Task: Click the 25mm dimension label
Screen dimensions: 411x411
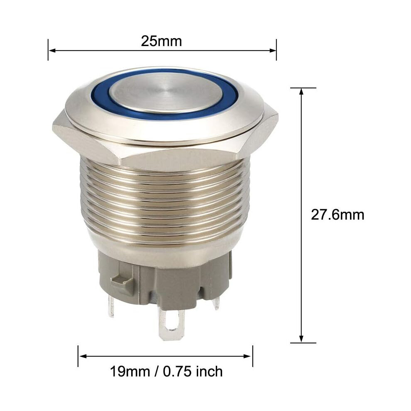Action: click(x=161, y=41)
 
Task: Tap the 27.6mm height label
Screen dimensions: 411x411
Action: click(x=338, y=215)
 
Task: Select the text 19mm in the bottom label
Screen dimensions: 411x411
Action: click(x=130, y=372)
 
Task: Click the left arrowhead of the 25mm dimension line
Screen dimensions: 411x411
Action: click(x=52, y=50)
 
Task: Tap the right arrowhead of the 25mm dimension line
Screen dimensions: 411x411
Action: click(x=273, y=50)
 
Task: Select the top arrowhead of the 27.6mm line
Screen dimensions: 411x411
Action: click(x=301, y=91)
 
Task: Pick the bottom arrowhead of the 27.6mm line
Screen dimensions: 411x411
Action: click(x=301, y=339)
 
